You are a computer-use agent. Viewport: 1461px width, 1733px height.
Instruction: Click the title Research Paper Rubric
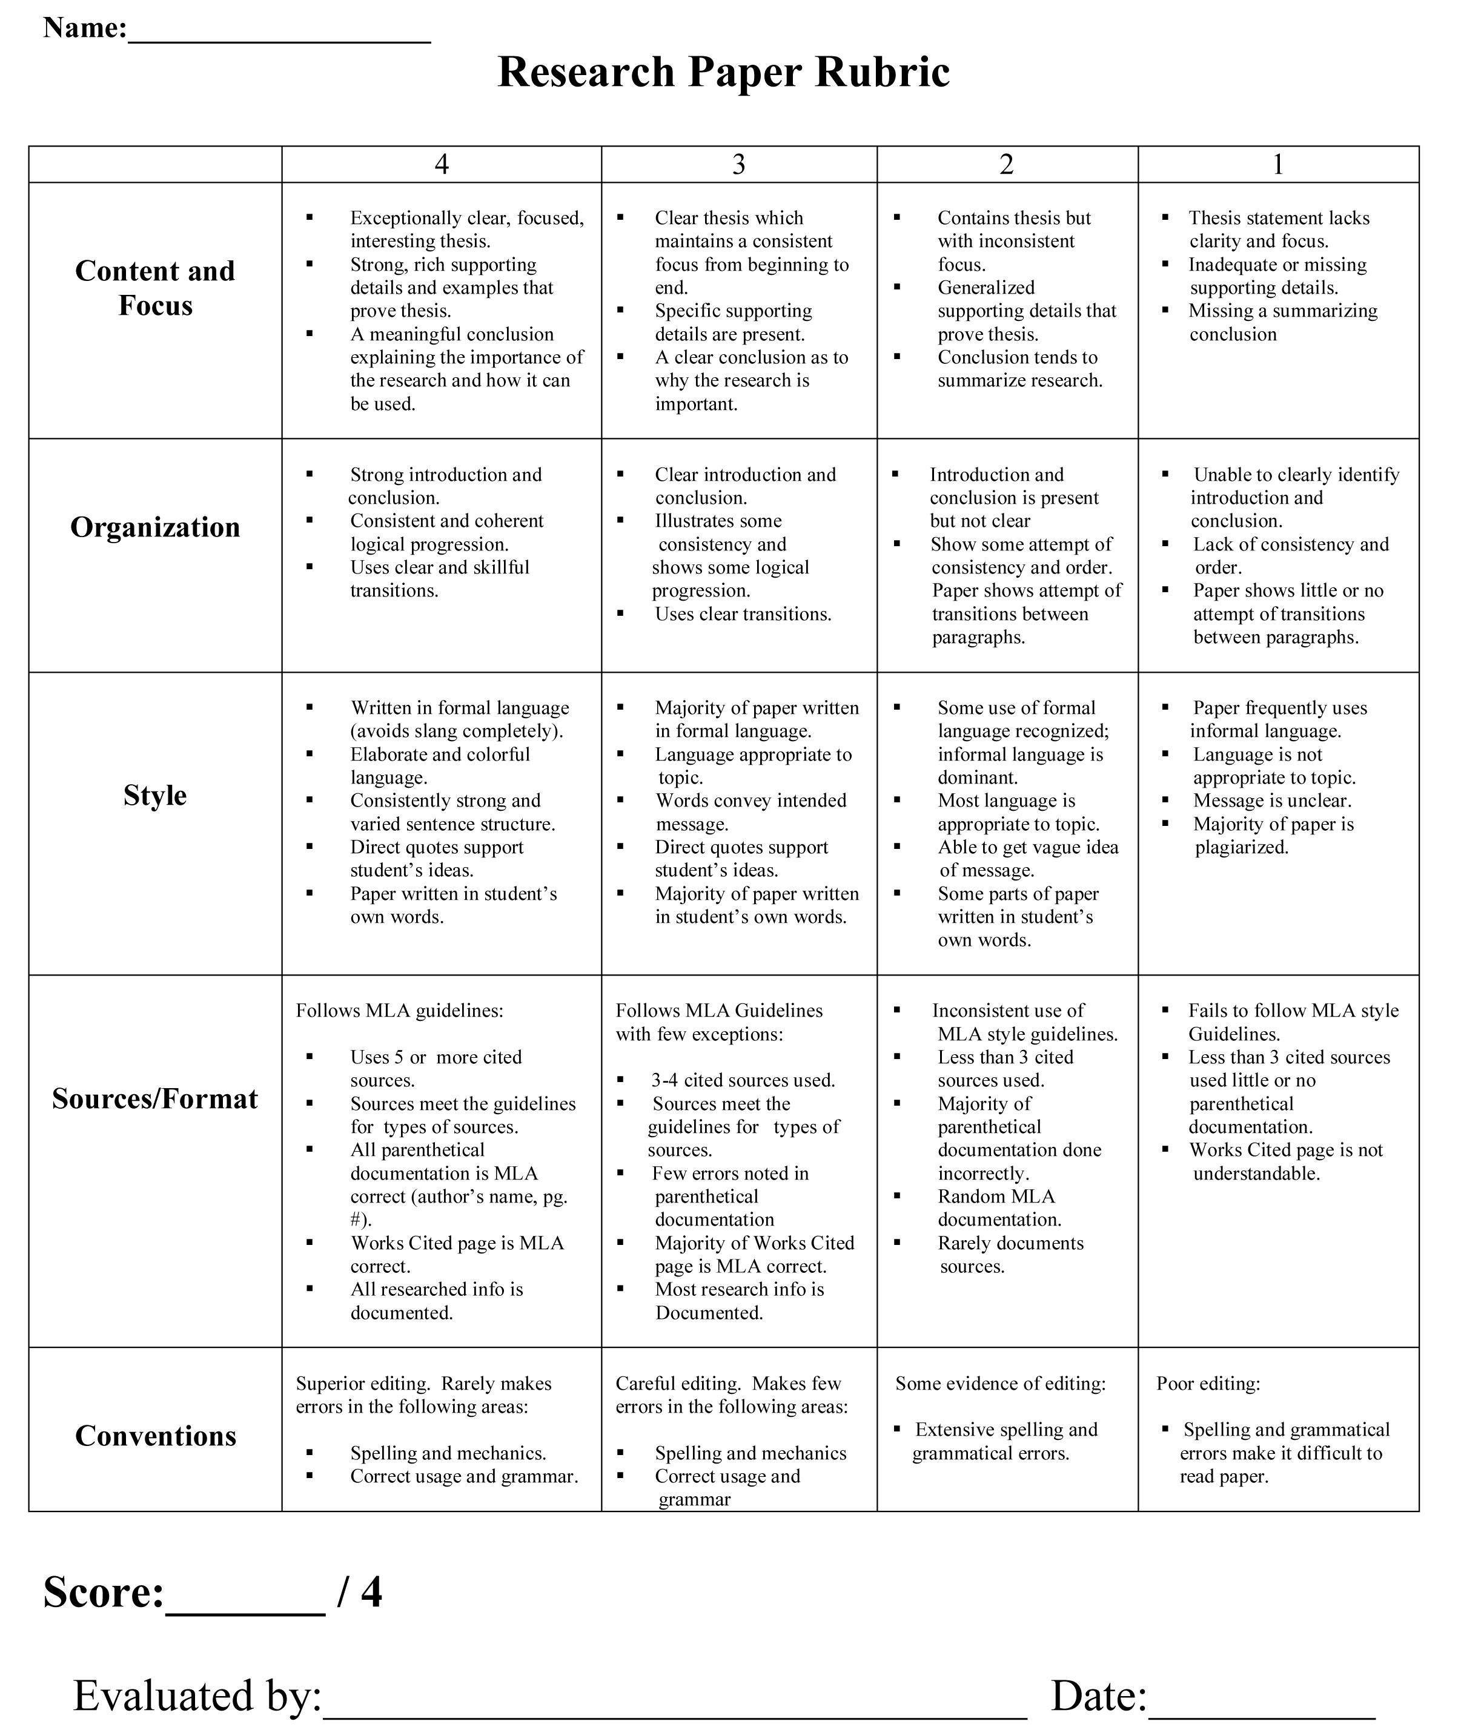(x=723, y=72)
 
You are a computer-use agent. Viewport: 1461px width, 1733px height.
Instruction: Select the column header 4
(x=442, y=165)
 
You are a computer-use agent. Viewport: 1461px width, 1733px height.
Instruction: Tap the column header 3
(x=739, y=165)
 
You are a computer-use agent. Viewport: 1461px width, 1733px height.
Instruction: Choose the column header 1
(x=1278, y=165)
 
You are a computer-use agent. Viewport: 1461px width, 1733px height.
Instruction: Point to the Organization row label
(x=155, y=527)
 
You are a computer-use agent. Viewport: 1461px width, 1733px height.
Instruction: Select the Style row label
(x=155, y=796)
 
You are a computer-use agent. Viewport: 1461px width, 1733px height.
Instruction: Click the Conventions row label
(x=155, y=1436)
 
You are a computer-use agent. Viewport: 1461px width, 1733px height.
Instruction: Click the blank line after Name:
(x=279, y=33)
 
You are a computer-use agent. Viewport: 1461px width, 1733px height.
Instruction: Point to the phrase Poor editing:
(x=1208, y=1384)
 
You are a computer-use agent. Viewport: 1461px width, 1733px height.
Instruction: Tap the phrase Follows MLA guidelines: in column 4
(x=399, y=1011)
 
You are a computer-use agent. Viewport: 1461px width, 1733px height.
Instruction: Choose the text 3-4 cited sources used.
(x=743, y=1080)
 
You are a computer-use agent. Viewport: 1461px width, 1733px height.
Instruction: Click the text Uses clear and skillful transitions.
(x=439, y=579)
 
